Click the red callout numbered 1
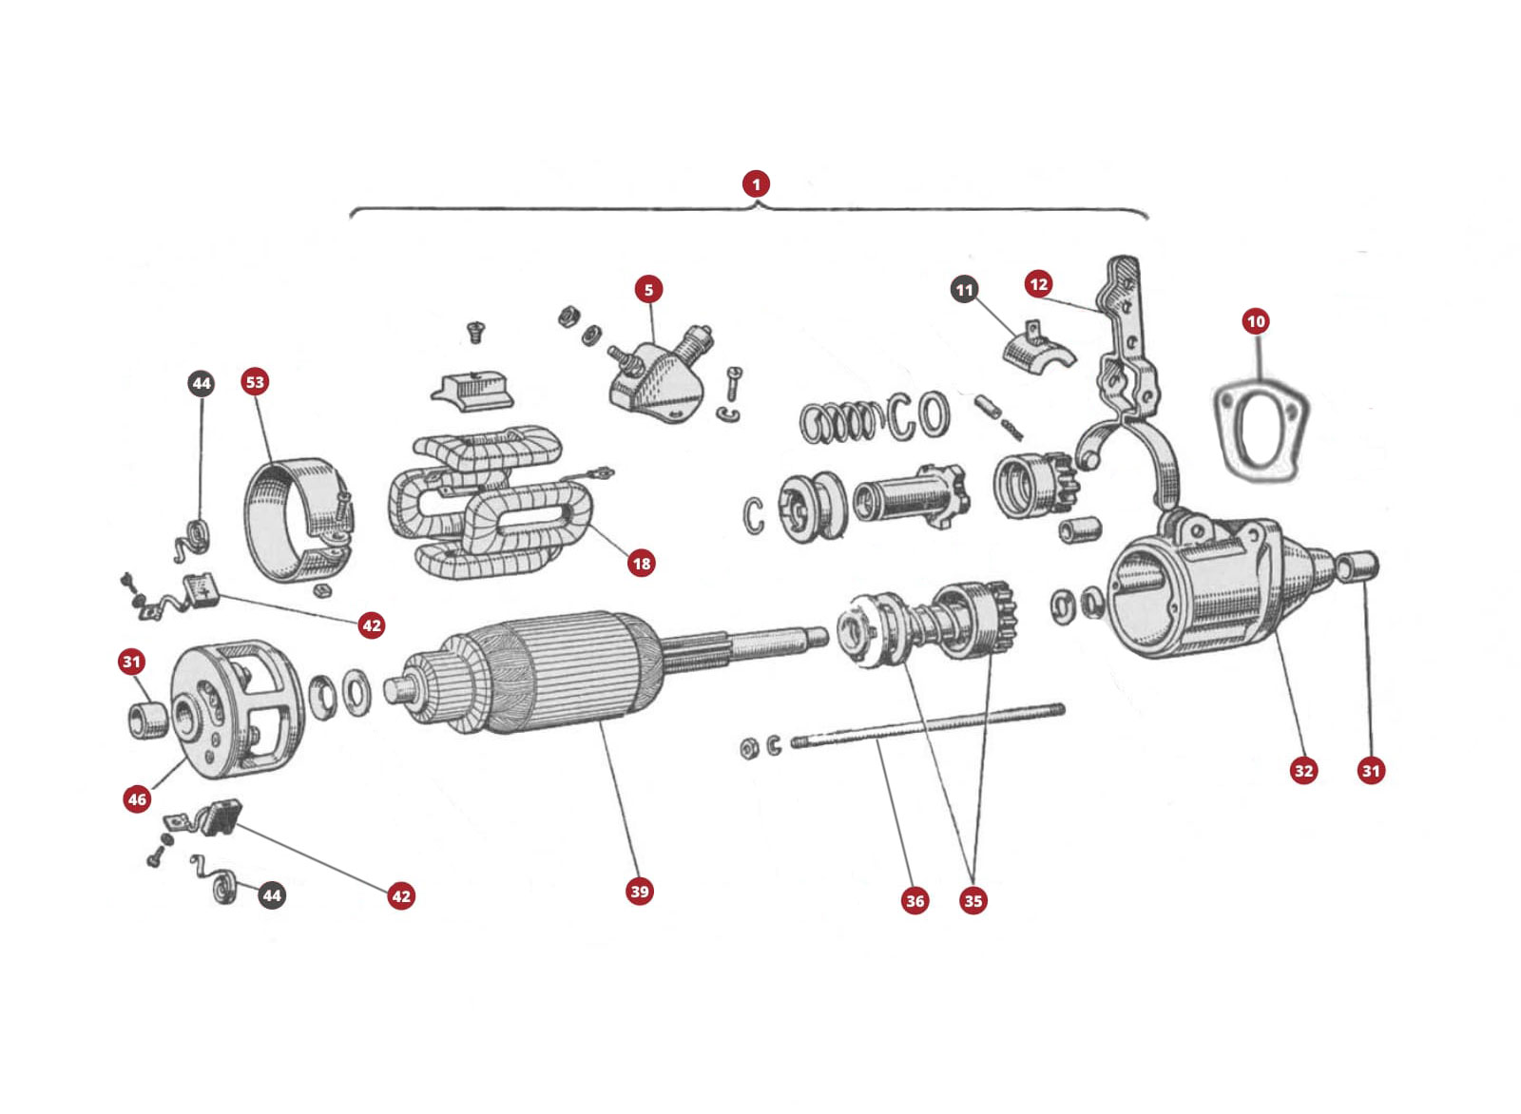coord(756,183)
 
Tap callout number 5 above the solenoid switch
coord(648,289)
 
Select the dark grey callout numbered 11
coord(964,290)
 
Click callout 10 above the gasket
coord(1256,321)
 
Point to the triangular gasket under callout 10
coord(1261,427)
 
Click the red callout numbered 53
coord(255,382)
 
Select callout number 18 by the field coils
coord(642,564)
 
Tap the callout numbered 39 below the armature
coord(640,892)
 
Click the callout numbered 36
coord(915,901)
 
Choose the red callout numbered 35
coord(972,901)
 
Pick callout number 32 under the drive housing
coord(1303,771)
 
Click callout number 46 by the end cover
coord(137,799)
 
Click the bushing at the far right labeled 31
coord(1357,567)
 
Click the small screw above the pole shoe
coord(475,332)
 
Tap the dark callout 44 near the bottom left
coord(272,895)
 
